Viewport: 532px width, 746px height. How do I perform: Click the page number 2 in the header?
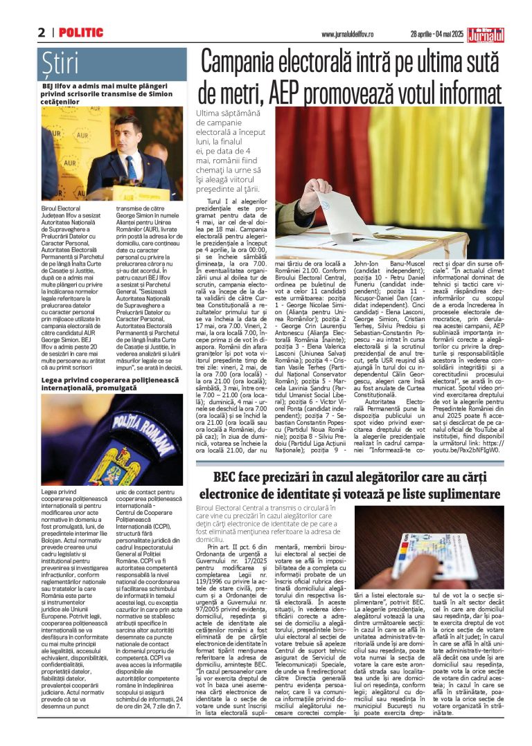pyautogui.click(x=42, y=33)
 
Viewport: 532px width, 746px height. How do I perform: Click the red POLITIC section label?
pyautogui.click(x=81, y=33)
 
